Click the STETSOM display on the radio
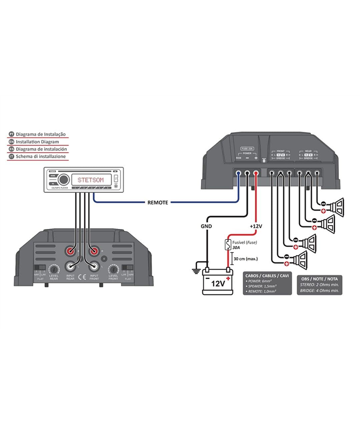[x=91, y=179]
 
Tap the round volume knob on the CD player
[x=64, y=179]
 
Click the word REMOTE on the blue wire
[x=158, y=203]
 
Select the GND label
[x=207, y=226]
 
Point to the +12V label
[x=256, y=226]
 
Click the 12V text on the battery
[x=217, y=284]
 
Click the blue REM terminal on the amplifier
[x=239, y=172]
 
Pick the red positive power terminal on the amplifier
[x=256, y=172]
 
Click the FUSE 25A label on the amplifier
[x=247, y=148]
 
